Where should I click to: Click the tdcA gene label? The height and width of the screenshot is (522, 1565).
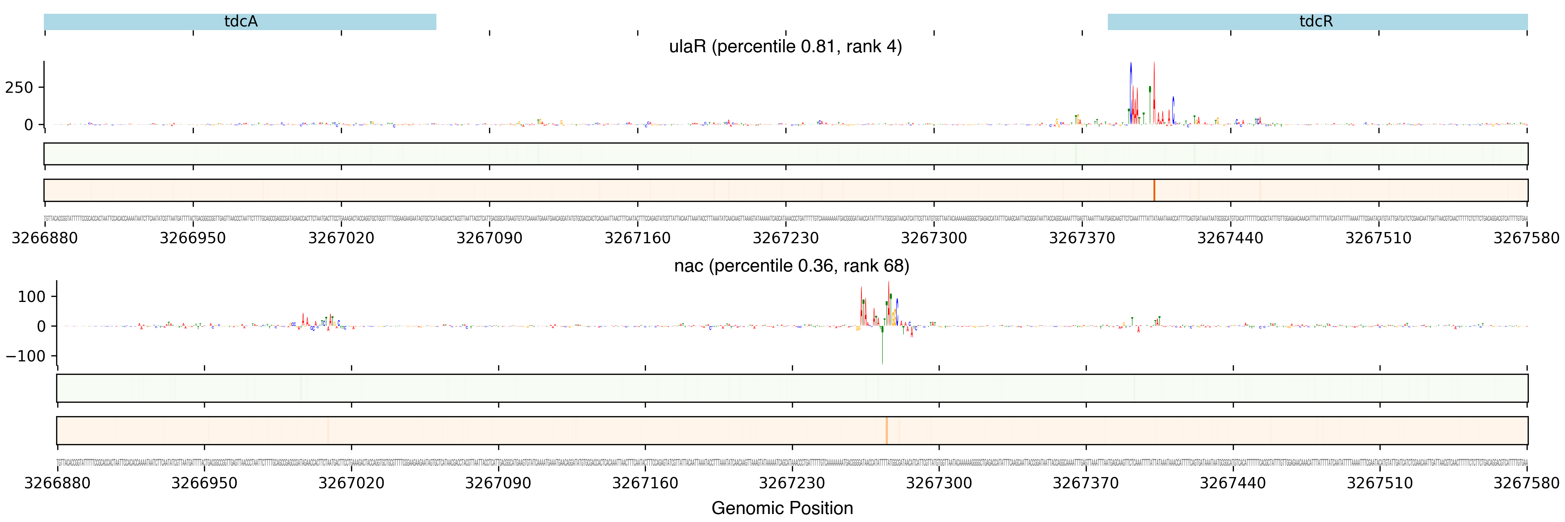coord(241,22)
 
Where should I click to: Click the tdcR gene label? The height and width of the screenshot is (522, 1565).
coord(1316,22)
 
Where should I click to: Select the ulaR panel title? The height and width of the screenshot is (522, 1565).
coord(785,47)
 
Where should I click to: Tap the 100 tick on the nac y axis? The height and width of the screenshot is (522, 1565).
coord(32,297)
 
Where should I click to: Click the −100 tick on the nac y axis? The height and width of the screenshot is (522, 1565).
coord(25,356)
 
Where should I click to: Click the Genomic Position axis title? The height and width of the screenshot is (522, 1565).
coord(782,508)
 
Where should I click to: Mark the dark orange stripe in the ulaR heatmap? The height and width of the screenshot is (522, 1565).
coord(1154,190)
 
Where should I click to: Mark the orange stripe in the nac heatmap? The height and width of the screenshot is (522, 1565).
coord(886,430)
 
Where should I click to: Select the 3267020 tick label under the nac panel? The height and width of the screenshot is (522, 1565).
coord(351,483)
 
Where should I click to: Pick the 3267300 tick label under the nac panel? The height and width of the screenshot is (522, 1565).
coord(939,483)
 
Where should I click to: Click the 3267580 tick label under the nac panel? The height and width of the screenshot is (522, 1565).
coord(1526,483)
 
